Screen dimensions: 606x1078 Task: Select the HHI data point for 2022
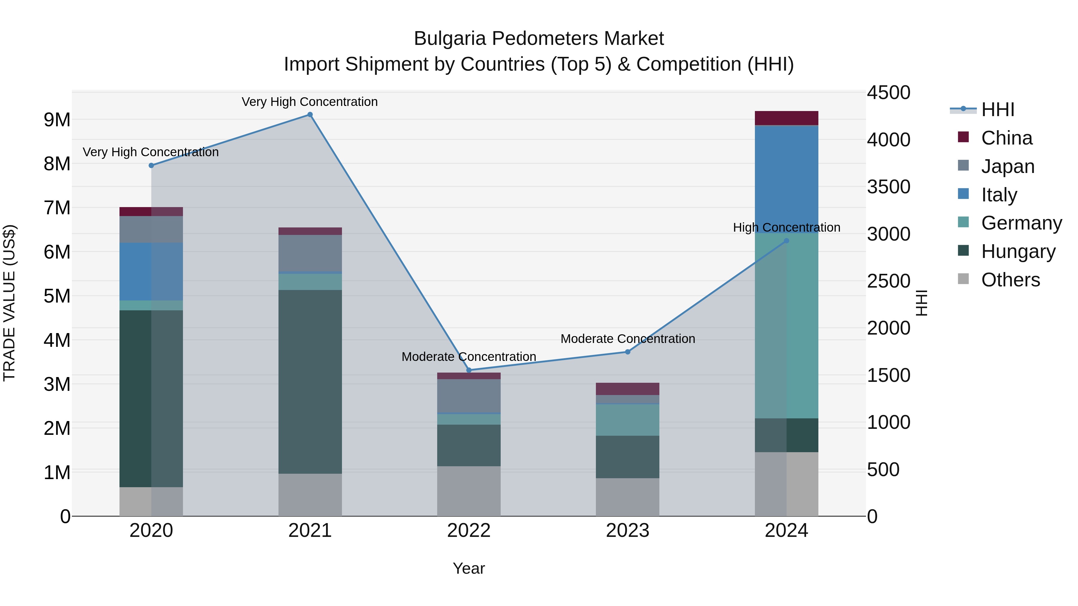469,370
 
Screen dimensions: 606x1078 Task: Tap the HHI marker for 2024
786,241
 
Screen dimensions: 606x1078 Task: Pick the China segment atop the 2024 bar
786,118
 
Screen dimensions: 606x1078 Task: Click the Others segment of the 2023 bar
627,497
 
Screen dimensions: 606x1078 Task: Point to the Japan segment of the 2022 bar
469,396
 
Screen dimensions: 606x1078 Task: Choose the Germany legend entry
1021,223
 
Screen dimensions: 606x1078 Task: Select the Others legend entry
1010,280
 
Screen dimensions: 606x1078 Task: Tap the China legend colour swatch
963,137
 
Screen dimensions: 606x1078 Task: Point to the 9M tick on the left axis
57,120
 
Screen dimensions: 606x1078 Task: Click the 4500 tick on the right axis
888,93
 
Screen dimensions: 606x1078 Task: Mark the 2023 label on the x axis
627,531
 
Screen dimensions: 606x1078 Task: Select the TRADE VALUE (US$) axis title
9,303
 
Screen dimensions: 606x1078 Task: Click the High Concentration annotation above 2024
786,227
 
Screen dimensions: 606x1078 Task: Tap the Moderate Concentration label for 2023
627,339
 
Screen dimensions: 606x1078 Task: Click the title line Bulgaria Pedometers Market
539,39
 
